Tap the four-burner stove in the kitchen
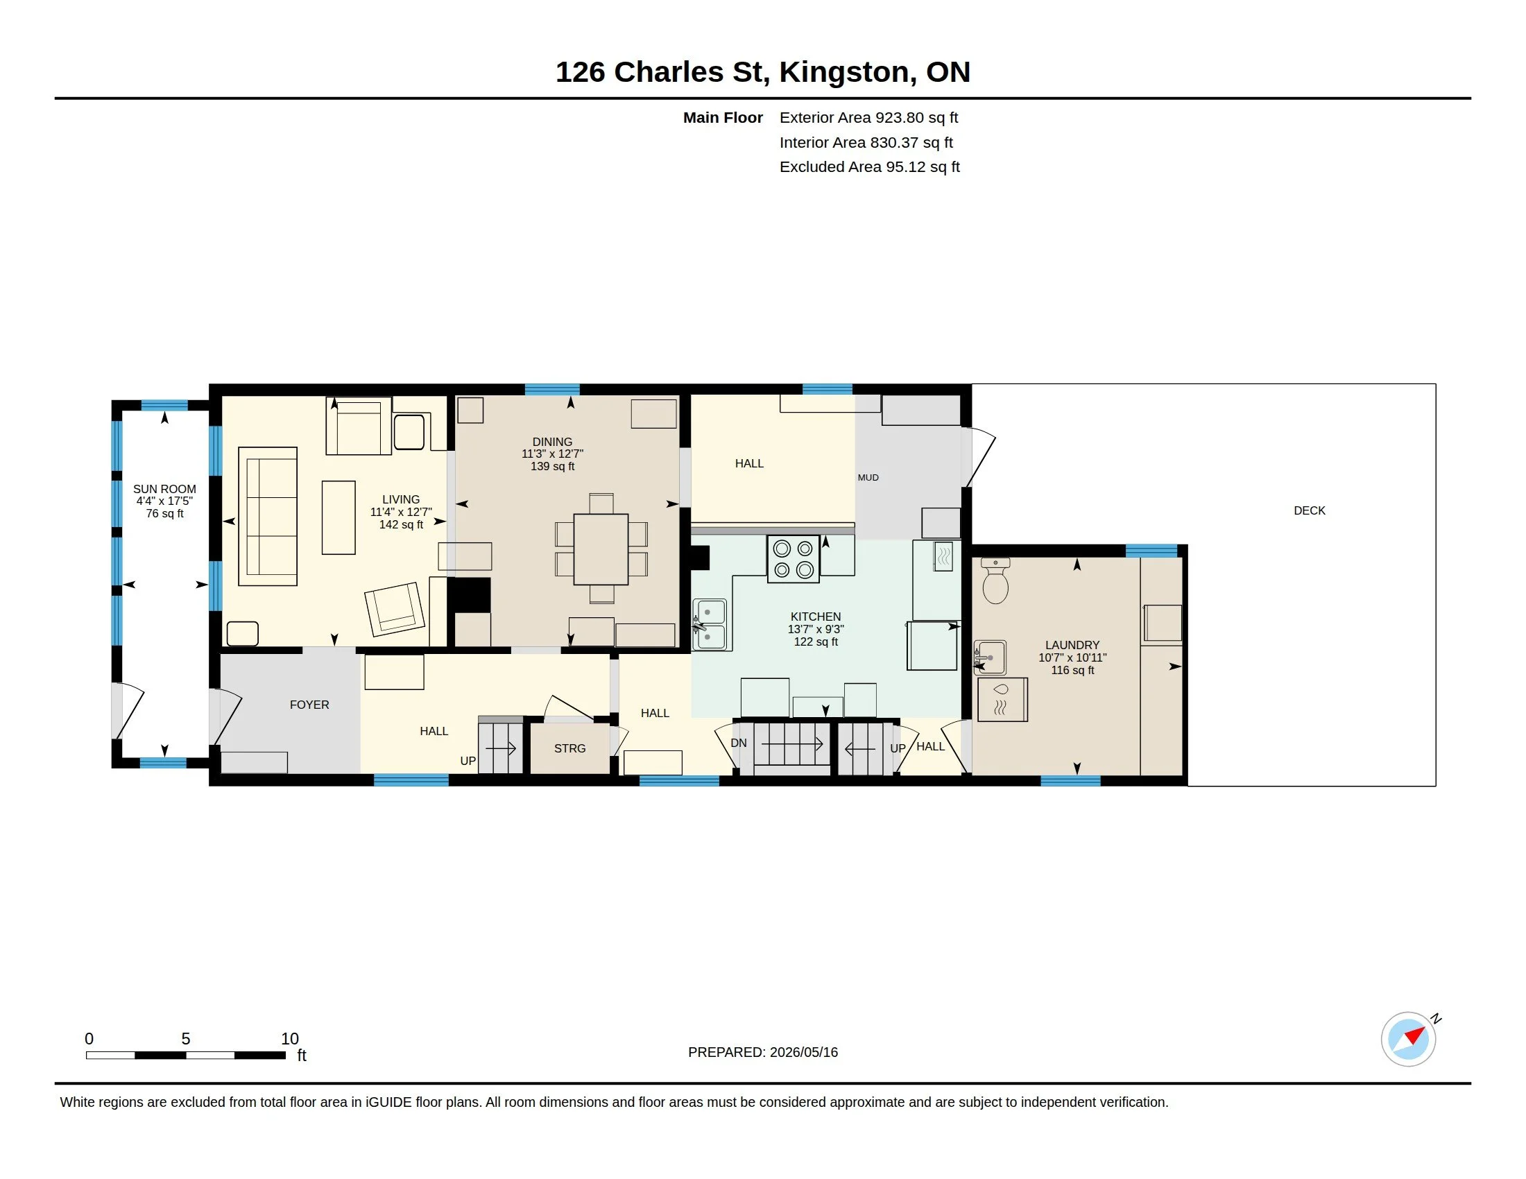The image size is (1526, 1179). click(x=793, y=559)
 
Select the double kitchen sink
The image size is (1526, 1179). click(x=711, y=625)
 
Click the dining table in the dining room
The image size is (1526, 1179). click(x=601, y=549)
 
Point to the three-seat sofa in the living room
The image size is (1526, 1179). click(x=268, y=516)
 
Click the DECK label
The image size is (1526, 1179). click(x=1310, y=510)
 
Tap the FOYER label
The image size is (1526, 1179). click(x=309, y=705)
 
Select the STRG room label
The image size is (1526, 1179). click(x=570, y=748)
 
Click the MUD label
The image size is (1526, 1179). click(x=868, y=478)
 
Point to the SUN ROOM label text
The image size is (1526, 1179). click(x=165, y=489)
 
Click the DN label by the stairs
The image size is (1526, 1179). click(x=739, y=743)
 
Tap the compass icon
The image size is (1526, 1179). click(x=1409, y=1039)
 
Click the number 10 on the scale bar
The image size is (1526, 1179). click(x=290, y=1039)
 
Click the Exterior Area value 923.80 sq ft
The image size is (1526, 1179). click(x=917, y=117)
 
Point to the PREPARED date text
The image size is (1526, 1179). click(x=763, y=1052)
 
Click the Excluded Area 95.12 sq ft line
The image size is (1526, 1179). click(x=870, y=167)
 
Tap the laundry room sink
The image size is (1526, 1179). click(x=990, y=657)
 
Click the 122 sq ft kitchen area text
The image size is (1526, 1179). click(x=816, y=642)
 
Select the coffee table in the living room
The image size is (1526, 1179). click(x=339, y=517)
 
